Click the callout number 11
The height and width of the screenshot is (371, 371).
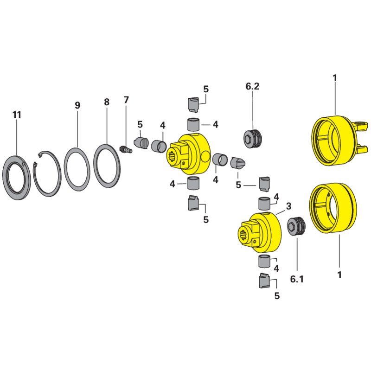coord(17,115)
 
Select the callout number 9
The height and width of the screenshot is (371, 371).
coord(77,106)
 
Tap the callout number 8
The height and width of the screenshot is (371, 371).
coord(107,102)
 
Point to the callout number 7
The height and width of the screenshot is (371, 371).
coord(126,100)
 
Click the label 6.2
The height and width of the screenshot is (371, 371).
coord(252,86)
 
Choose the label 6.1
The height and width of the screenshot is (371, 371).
coord(297,280)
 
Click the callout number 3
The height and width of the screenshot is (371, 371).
coord(288,206)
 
